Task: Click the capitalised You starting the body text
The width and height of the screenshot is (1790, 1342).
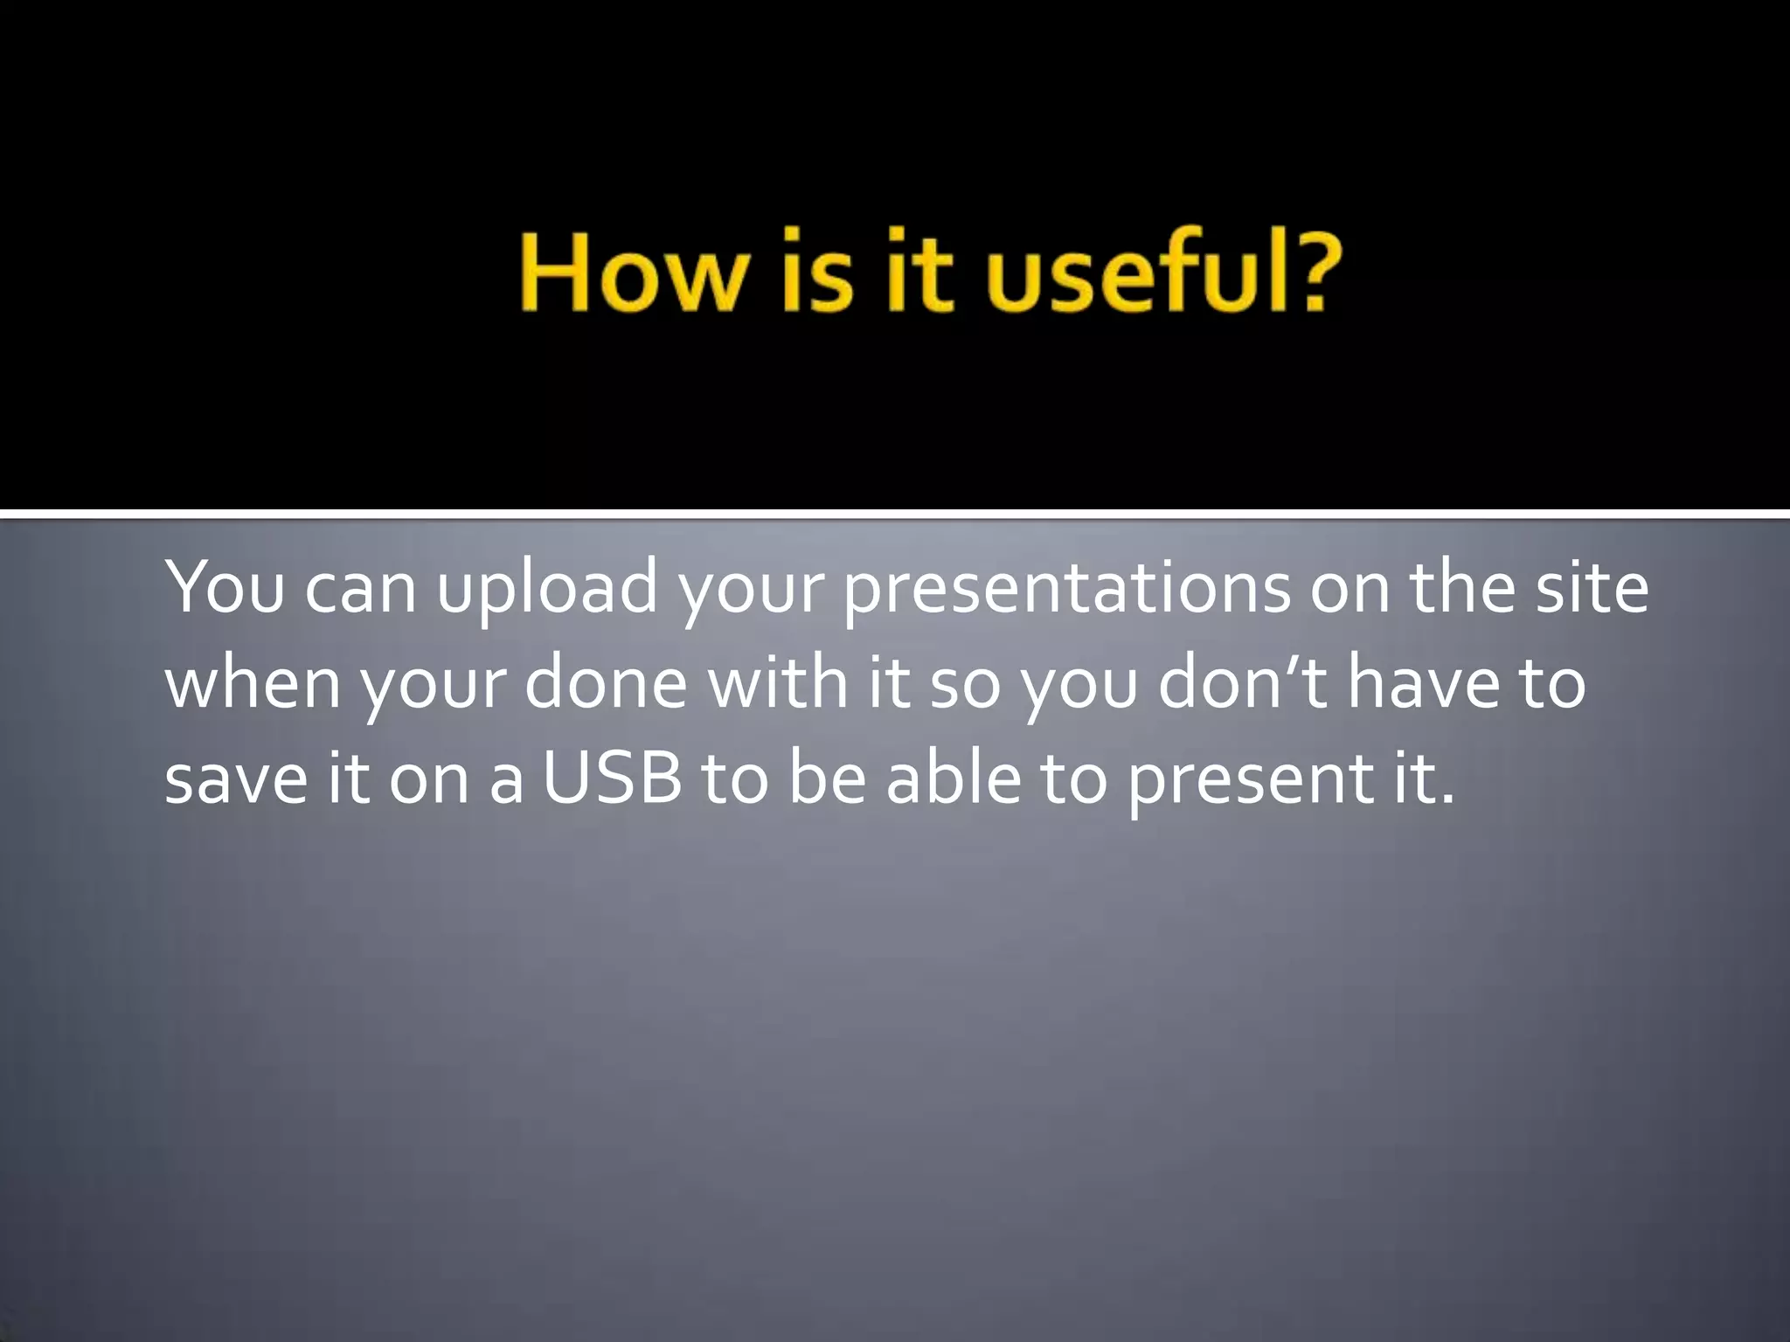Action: click(x=225, y=587)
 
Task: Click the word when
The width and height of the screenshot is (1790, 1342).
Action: click(x=253, y=683)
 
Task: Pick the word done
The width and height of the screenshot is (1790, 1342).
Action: click(x=606, y=683)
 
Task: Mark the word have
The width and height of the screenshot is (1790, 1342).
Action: click(x=1423, y=683)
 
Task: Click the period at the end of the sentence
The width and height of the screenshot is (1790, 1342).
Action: click(x=1447, y=799)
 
